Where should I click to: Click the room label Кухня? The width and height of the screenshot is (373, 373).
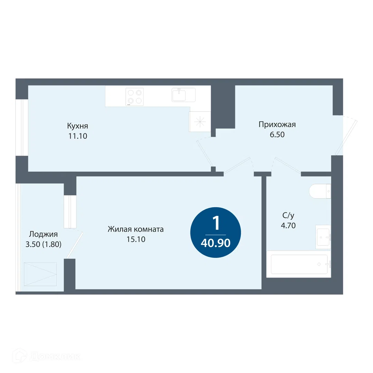tap(78, 126)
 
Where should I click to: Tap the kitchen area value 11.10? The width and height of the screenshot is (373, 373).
tap(78, 136)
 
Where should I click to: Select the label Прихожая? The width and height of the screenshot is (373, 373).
tap(277, 124)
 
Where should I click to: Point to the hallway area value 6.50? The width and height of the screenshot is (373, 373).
tap(277, 135)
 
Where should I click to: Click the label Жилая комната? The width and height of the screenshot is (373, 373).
tap(136, 229)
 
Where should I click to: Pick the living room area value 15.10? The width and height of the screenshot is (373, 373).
tap(136, 239)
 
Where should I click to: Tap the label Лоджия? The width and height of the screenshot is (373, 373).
tap(43, 234)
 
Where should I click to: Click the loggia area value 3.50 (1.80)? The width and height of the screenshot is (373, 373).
tap(44, 244)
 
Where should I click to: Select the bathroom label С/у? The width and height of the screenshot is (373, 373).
tap(288, 216)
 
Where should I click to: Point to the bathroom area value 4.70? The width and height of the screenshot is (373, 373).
tap(288, 226)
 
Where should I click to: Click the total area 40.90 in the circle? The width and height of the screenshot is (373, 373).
tap(216, 243)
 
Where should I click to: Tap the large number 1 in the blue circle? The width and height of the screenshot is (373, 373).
tap(216, 223)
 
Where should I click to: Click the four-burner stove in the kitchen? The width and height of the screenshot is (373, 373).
tap(135, 97)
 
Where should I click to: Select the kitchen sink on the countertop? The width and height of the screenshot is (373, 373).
tap(184, 95)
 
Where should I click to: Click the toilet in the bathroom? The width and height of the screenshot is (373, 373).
tap(320, 191)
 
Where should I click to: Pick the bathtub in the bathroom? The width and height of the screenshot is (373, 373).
tap(299, 264)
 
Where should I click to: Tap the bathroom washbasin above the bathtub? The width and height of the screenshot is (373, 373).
tap(323, 237)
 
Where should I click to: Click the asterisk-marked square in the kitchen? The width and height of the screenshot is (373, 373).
tap(200, 122)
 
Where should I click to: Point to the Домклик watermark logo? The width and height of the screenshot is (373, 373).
tap(47, 356)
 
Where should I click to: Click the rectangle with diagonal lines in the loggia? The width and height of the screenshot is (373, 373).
tap(40, 274)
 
